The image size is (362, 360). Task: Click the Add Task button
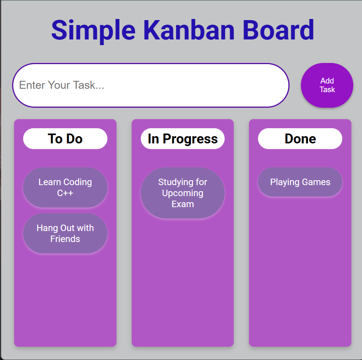[327, 85]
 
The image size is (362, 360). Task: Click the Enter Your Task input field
[151, 85]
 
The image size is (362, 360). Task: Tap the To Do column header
[65, 139]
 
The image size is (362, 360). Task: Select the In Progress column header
[183, 139]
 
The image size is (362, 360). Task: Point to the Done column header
[300, 139]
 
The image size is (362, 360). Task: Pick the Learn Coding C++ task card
[65, 187]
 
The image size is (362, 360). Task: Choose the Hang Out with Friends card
[65, 233]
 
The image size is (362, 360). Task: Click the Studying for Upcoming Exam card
[183, 193]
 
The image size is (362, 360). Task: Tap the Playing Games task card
[300, 182]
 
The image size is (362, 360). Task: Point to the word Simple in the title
[93, 30]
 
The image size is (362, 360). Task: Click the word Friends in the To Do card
[65, 239]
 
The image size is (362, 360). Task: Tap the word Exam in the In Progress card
[183, 204]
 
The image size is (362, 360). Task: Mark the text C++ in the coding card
[65, 193]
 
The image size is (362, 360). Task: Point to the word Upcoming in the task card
[183, 193]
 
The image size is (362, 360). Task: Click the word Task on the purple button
[327, 90]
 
